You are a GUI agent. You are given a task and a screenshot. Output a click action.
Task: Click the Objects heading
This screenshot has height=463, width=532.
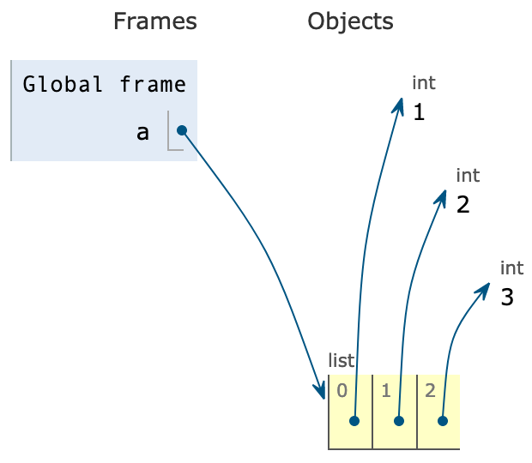click(350, 21)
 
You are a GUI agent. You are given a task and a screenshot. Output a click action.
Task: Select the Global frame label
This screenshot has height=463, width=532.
click(104, 84)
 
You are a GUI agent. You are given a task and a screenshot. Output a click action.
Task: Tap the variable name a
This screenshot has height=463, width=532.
click(142, 132)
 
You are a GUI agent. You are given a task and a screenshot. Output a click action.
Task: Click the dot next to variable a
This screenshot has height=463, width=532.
click(182, 130)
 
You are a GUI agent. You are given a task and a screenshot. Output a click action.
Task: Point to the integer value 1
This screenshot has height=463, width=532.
click(419, 112)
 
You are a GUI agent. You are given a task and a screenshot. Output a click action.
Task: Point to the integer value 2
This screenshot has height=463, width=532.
click(463, 205)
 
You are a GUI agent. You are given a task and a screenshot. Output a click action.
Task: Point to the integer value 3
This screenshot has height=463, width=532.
click(507, 298)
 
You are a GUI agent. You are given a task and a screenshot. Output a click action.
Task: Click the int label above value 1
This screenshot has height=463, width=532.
click(424, 83)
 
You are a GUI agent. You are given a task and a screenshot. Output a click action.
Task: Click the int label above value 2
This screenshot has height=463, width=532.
click(468, 176)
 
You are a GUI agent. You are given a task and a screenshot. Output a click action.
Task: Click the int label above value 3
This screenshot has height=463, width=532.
click(511, 268)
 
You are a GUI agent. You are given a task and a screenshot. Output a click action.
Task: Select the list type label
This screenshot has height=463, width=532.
click(341, 361)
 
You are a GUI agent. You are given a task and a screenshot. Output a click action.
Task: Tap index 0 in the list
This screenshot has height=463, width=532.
click(342, 391)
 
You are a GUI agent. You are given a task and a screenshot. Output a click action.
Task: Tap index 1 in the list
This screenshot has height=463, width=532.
click(386, 391)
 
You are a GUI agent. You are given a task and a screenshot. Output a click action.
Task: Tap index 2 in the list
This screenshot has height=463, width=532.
click(430, 391)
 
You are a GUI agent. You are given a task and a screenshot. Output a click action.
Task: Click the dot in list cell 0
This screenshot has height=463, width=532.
click(354, 421)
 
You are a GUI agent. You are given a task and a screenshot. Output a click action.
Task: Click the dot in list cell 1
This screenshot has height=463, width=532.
click(399, 421)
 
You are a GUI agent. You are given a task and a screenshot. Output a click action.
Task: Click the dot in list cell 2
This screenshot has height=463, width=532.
click(443, 421)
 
